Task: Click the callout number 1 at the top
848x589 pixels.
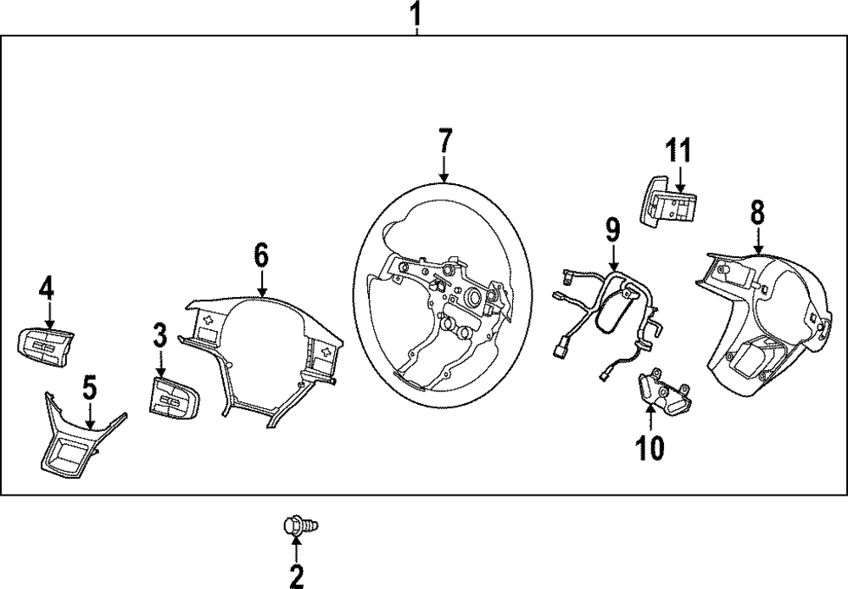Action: coord(416,14)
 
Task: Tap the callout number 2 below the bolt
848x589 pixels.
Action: coord(296,577)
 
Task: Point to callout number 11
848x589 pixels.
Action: coord(678,152)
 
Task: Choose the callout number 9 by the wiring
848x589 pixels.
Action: coord(612,229)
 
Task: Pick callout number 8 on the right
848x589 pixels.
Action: coord(757,212)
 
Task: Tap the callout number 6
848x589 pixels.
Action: coord(261,253)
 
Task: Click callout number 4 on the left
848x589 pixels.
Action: coord(46,289)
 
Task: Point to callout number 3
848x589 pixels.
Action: coord(160,336)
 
